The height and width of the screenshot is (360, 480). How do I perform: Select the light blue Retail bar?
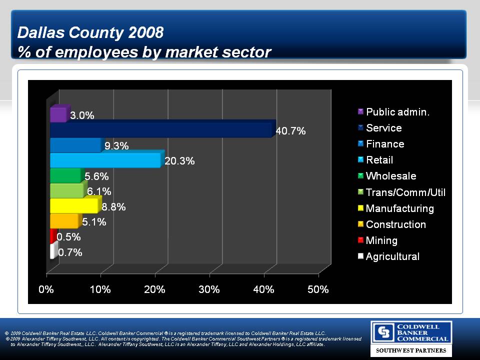[105, 160]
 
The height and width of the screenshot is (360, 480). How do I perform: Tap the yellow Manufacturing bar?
[74, 205]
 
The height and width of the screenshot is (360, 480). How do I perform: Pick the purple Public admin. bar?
[58, 115]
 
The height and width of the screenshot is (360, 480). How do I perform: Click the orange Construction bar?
[64, 221]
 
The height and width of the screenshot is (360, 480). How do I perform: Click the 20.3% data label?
[179, 161]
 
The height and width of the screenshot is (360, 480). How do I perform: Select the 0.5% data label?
[68, 236]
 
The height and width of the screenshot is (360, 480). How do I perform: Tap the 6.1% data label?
[99, 191]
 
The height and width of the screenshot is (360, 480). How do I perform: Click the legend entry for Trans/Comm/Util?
[405, 192]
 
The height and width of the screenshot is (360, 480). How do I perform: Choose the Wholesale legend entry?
[390, 176]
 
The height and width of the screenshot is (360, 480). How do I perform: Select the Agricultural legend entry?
[392, 256]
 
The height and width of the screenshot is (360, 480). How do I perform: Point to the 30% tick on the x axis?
[209, 289]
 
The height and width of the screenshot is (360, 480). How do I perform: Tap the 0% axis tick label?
[46, 289]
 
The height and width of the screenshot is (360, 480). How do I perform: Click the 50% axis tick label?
[318, 289]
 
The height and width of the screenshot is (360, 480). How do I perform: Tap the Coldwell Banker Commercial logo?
[410, 332]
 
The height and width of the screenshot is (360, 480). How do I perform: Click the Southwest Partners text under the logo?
[411, 350]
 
